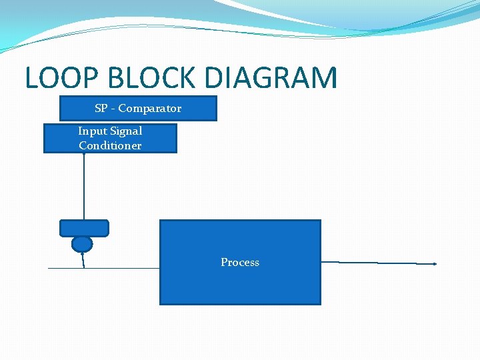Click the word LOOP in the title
tap(61, 78)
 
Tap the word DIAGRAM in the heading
tap(271, 78)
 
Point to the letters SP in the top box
tap(101, 108)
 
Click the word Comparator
tap(150, 108)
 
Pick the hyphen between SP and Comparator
tap(113, 109)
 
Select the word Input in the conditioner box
tap(91, 131)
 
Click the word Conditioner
tap(110, 145)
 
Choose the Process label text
tap(240, 263)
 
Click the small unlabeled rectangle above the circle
tap(84, 228)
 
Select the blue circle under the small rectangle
tap(82, 244)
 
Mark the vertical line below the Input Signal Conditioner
tap(84, 187)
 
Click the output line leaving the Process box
tap(377, 263)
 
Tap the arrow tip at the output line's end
tap(435, 264)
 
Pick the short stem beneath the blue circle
tap(83, 260)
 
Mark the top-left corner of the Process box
tap(161, 221)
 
